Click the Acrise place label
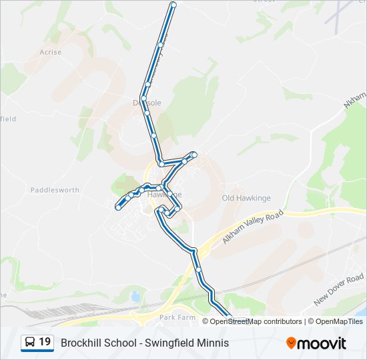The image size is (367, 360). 50,52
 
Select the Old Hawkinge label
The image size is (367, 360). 246,198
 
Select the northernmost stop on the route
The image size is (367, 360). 173,5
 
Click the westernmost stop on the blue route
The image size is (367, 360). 118,207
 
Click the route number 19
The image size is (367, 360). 45,342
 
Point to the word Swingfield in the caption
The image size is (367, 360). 167,343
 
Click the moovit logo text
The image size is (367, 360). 322,343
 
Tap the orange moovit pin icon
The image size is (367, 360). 291,343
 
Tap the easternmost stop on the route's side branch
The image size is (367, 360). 194,155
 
